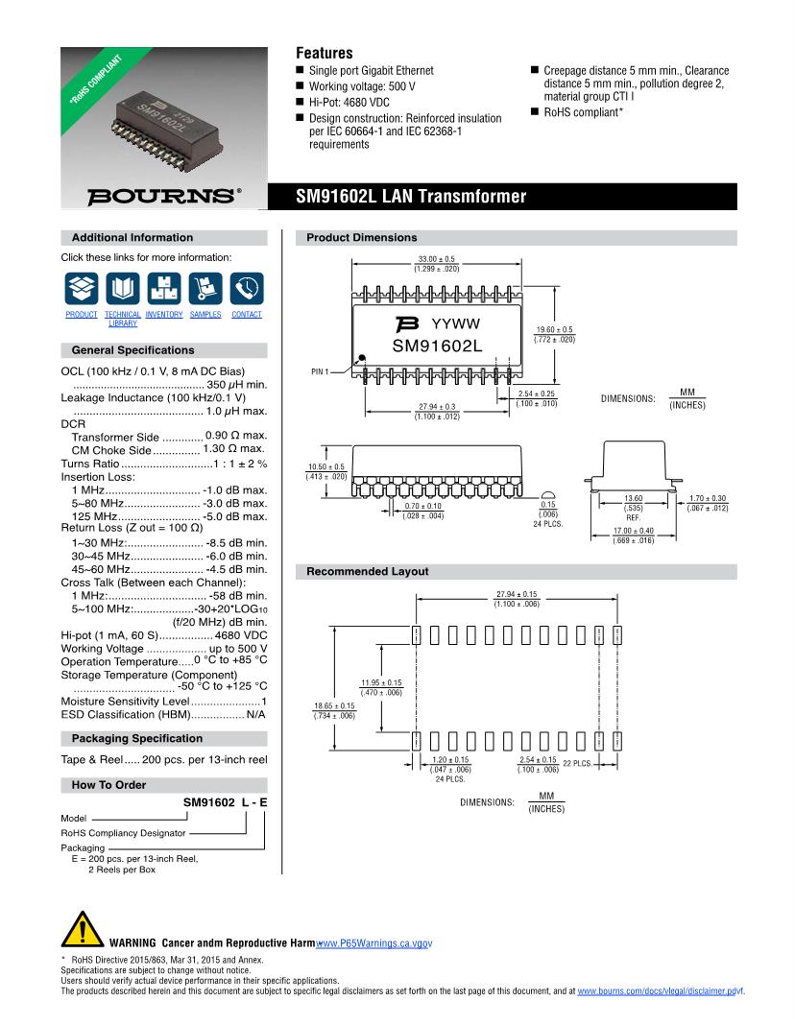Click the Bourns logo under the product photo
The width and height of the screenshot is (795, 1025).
coord(164,196)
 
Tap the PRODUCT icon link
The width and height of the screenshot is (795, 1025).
coord(82,287)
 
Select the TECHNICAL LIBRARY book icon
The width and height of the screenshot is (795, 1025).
coord(123,287)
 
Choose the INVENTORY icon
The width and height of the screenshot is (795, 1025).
coord(164,287)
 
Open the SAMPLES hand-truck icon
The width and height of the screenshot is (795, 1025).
coord(205,287)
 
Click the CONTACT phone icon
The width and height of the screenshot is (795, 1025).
coord(247,287)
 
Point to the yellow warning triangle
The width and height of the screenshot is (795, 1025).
coord(81,931)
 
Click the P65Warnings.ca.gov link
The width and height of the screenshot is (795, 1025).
coord(374,944)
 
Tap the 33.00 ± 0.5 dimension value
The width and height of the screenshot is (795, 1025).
coord(437,259)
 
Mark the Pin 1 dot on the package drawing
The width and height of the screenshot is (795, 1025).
coord(363,359)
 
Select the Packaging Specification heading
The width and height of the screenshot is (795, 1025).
coord(137,738)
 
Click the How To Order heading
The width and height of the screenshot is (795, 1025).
coord(109,785)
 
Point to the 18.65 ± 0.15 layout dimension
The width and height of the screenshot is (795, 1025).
coord(334,705)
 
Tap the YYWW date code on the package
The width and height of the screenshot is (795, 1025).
coord(455,323)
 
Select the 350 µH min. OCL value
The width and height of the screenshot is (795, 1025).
coord(236,384)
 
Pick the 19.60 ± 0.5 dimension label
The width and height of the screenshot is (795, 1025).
coord(554,329)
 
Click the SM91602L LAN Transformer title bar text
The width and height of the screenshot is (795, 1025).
coord(412,197)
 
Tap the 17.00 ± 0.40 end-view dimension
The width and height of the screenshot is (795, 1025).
coord(633,531)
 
